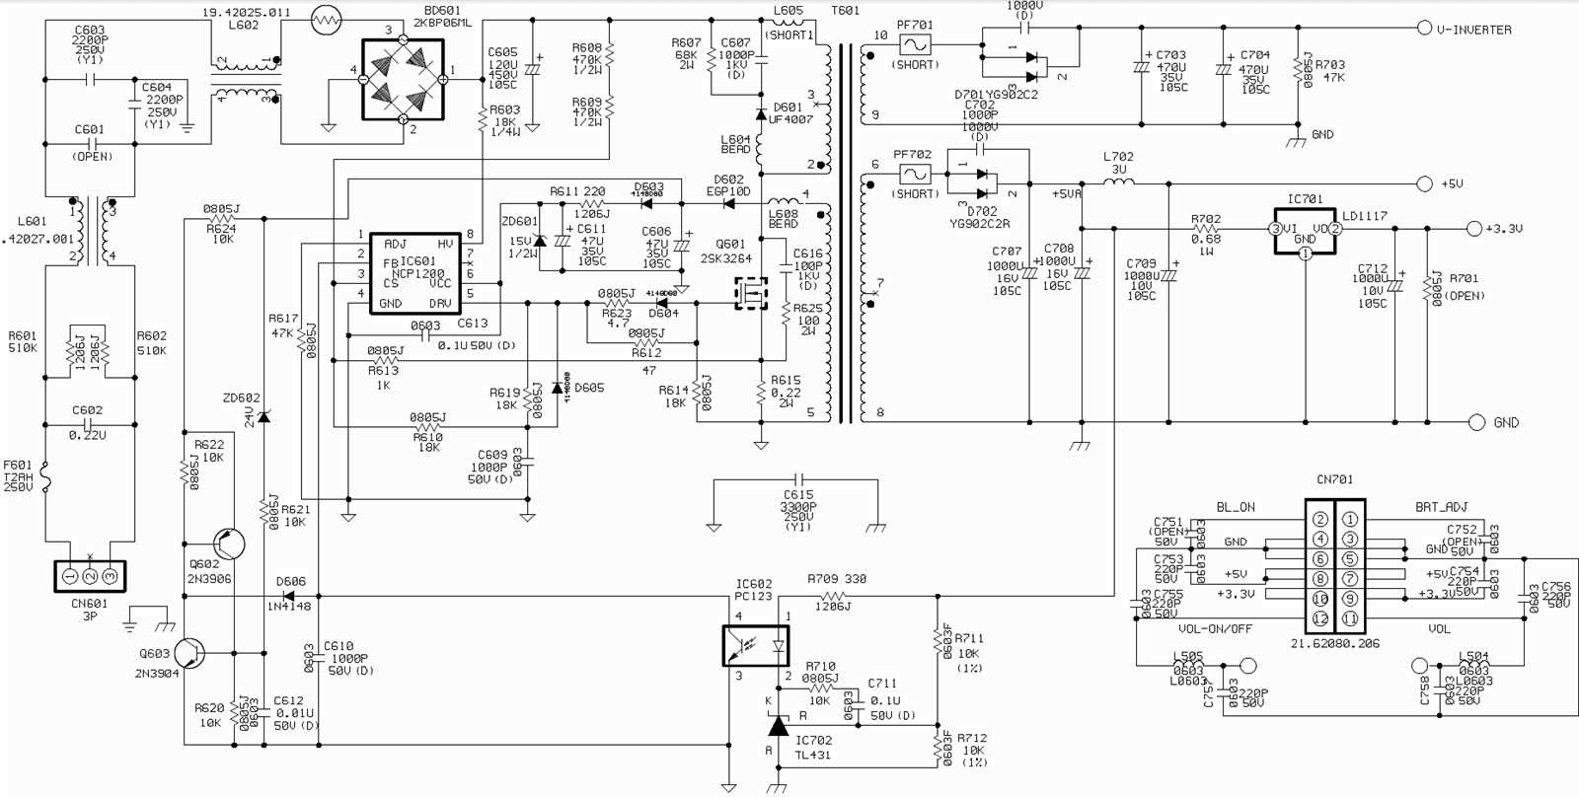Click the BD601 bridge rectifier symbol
click(403, 80)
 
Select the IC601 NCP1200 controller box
click(415, 273)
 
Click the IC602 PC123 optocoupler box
click(756, 646)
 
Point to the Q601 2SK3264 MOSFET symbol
click(751, 293)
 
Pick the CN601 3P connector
click(90, 576)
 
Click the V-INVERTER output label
click(1473, 30)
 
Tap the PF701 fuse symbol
click(914, 45)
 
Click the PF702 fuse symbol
click(914, 175)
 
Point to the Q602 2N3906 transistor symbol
click(228, 543)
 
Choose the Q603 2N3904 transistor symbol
click(188, 653)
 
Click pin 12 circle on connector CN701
click(1319, 618)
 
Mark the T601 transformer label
click(846, 11)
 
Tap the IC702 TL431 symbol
click(779, 727)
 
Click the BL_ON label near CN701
click(1235, 507)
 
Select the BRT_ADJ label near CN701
click(1441, 507)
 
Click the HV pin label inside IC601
click(445, 244)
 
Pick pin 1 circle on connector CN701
click(1350, 519)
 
